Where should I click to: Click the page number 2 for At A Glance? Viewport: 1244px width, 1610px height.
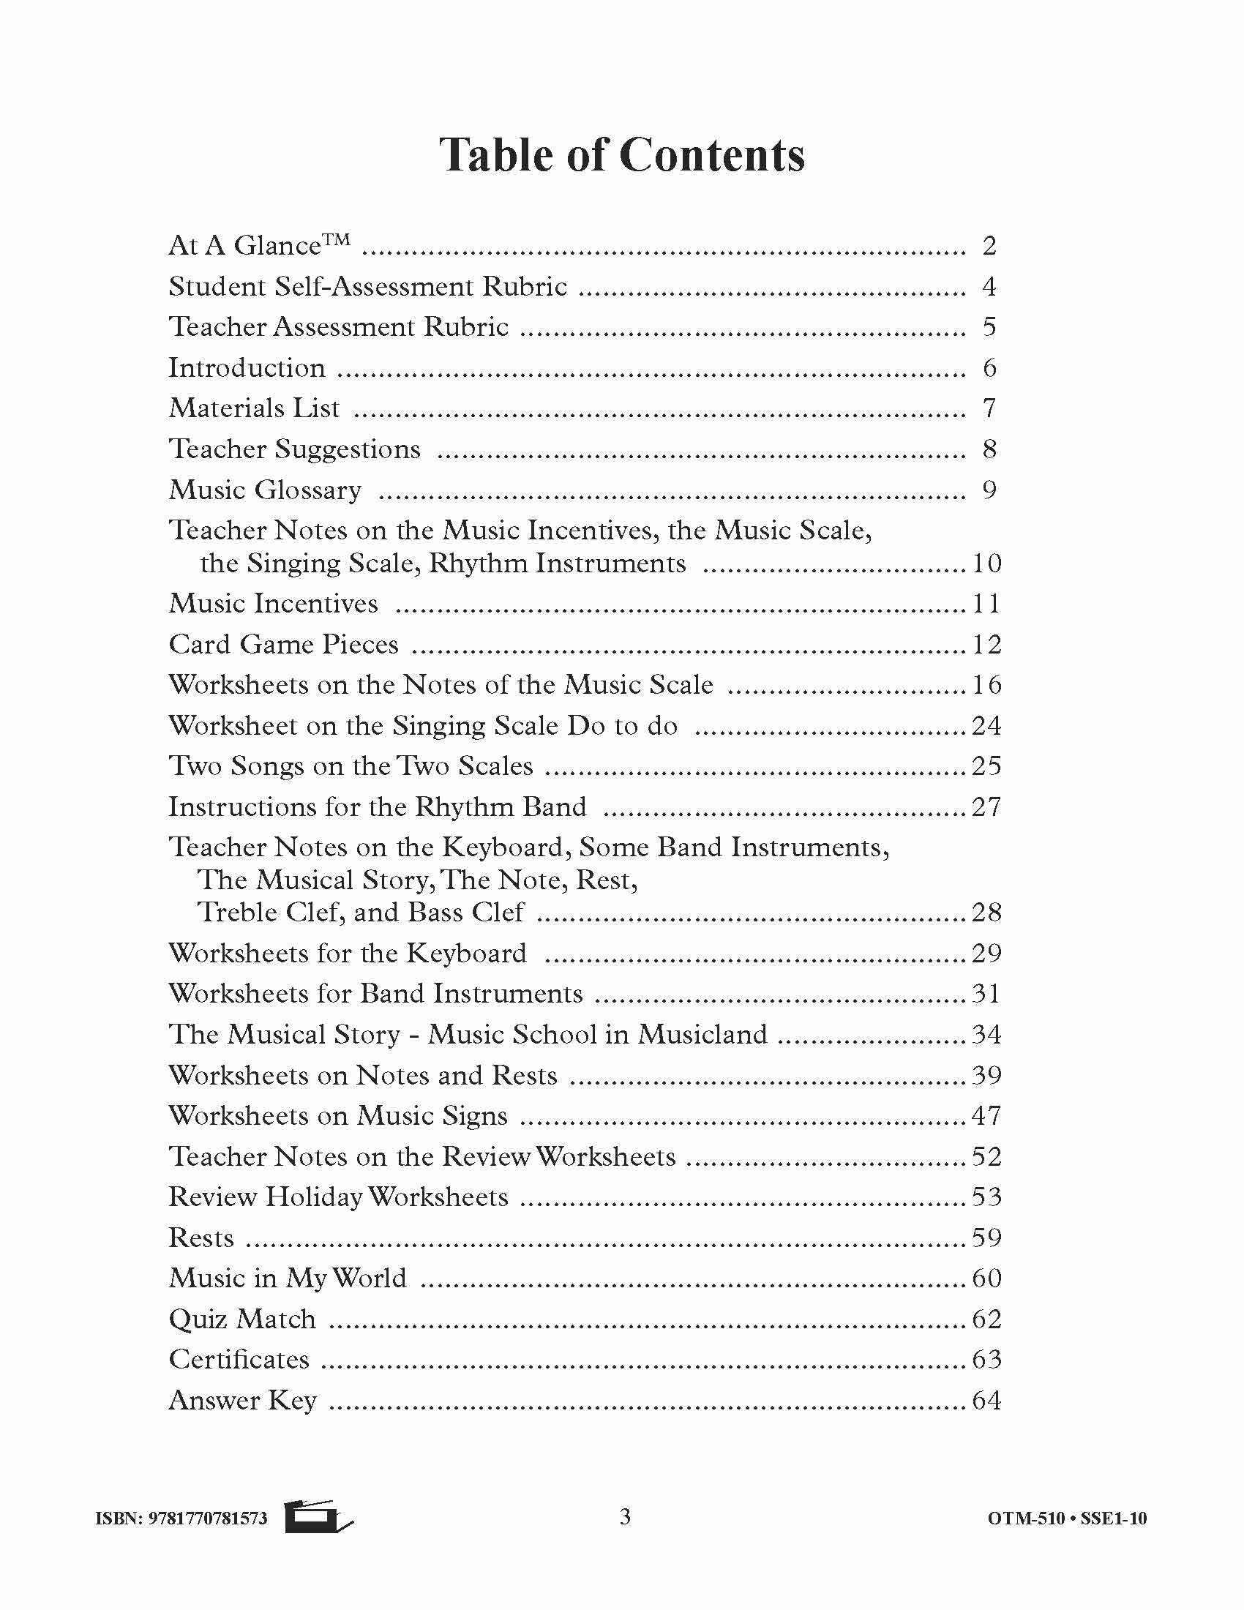click(x=989, y=245)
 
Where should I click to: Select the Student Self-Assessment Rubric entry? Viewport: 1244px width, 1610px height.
click(x=368, y=286)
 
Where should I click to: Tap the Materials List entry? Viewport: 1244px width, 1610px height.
click(x=254, y=408)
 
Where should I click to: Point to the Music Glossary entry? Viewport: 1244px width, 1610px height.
click(x=265, y=490)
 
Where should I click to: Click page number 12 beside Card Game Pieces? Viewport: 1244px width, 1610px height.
click(x=987, y=644)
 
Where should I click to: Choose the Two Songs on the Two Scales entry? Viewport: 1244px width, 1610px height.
click(x=351, y=765)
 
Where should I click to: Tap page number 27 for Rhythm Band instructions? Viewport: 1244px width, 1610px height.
click(x=987, y=806)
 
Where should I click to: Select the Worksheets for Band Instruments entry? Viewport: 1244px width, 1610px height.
click(x=376, y=994)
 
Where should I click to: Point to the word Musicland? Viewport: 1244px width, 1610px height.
click(x=702, y=1034)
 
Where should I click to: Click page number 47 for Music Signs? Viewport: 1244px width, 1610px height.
click(x=987, y=1115)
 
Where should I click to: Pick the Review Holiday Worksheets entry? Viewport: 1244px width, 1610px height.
click(x=338, y=1197)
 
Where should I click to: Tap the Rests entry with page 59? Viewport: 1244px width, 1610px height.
click(x=201, y=1238)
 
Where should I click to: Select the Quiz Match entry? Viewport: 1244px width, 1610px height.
click(x=242, y=1319)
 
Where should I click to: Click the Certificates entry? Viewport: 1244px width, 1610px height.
click(x=239, y=1360)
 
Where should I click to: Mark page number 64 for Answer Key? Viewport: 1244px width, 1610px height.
click(x=987, y=1400)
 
